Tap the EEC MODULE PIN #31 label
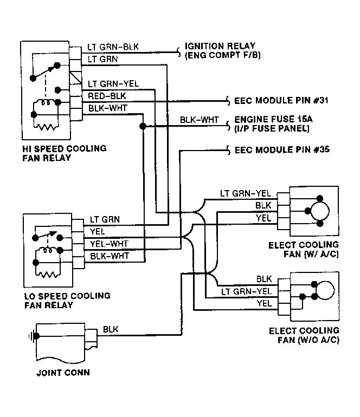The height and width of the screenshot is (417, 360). [281, 101]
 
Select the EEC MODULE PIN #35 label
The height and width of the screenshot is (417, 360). [282, 149]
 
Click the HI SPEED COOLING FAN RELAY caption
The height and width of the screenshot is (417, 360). [64, 153]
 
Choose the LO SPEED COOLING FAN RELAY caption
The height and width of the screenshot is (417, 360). [67, 301]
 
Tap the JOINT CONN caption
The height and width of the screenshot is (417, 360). [63, 373]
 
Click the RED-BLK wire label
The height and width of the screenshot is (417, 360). [107, 96]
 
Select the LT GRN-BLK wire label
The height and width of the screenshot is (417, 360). [113, 47]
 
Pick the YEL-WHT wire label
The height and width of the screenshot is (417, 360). [109, 244]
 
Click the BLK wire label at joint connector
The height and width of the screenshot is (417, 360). [111, 329]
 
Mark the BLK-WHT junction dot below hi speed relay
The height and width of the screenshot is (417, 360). [143, 126]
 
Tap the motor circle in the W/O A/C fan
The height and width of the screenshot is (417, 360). [325, 290]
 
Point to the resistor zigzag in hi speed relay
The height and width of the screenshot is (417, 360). [46, 127]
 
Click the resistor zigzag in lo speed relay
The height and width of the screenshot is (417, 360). [48, 274]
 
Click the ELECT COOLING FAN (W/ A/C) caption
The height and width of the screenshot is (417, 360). [303, 250]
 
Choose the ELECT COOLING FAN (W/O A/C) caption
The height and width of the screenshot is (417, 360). [304, 335]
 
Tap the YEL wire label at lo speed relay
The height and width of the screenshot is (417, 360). [97, 231]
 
